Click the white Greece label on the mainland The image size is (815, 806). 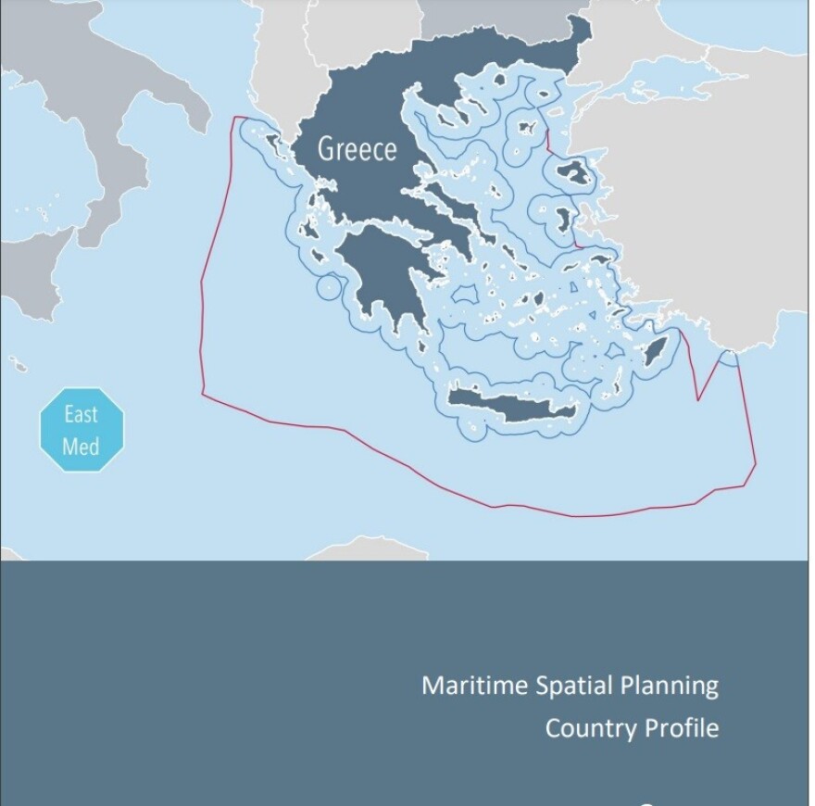[x=357, y=149]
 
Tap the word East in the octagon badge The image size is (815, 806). [x=81, y=414]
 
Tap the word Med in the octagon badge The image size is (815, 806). [x=81, y=447]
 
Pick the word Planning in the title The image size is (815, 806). [x=669, y=686]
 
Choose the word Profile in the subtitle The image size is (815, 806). [x=683, y=728]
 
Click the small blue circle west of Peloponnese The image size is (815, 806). [x=328, y=288]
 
